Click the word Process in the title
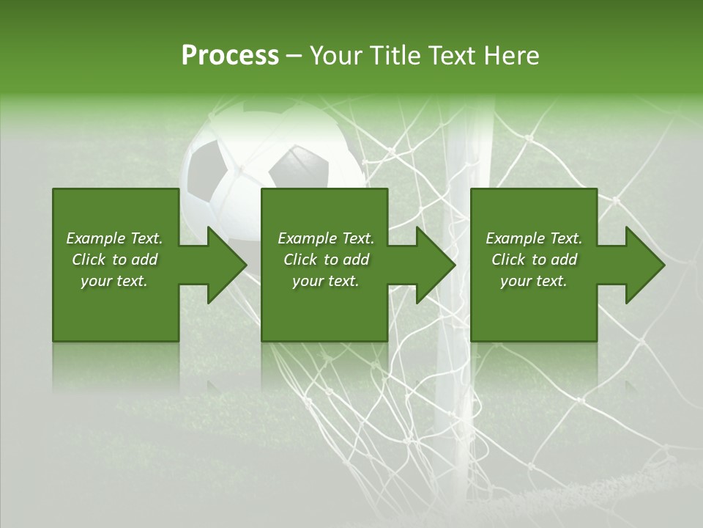tap(230, 56)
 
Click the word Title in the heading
tap(395, 56)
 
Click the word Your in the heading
tap(338, 56)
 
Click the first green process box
tap(116, 308)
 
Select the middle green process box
tap(324, 308)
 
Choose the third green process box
tap(534, 308)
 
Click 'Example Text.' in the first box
tap(114, 238)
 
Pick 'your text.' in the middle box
tap(326, 281)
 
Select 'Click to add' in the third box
tap(534, 260)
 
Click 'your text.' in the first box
tap(114, 281)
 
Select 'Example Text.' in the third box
tap(534, 238)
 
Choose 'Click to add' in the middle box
tap(326, 260)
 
